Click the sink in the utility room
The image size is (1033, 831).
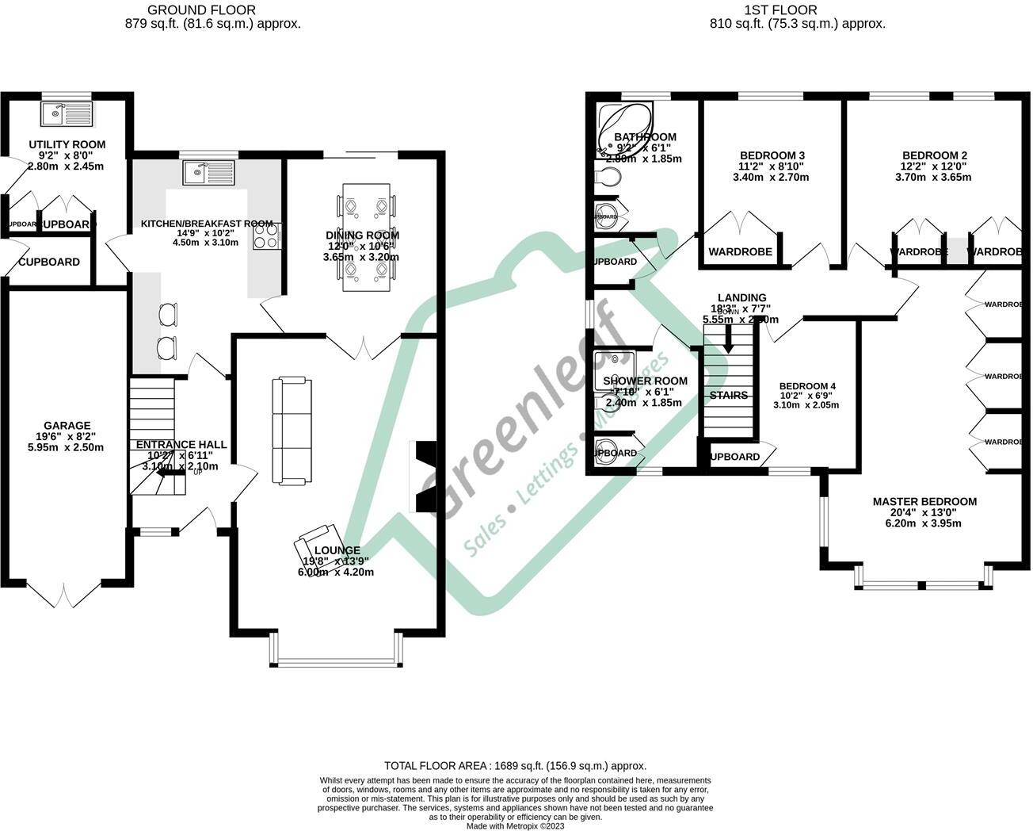pos(67,113)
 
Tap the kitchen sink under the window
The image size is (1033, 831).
pos(208,172)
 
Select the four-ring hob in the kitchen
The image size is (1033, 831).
pos(267,236)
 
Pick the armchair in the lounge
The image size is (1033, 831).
pos(317,546)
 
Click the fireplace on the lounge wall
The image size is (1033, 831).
pos(422,476)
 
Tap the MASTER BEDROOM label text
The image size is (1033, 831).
pos(924,502)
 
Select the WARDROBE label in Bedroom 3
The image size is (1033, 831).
pos(740,252)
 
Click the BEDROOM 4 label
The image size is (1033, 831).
pos(807,387)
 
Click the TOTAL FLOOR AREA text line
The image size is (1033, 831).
pos(515,766)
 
